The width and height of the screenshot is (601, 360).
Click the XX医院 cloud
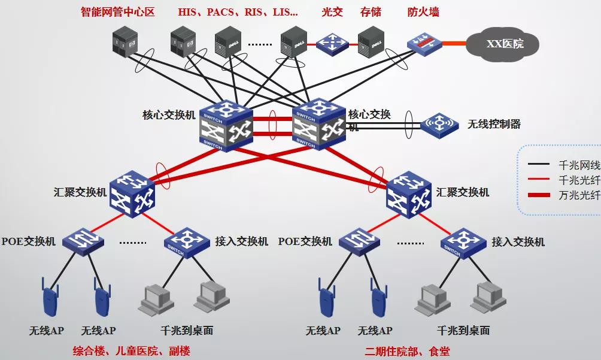[505, 43]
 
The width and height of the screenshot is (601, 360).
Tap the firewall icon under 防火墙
[424, 43]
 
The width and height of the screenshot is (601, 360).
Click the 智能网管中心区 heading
[118, 12]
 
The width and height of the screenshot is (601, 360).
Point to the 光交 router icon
[332, 43]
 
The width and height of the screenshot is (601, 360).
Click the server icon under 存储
[371, 42]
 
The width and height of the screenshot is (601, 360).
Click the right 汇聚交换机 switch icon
[409, 193]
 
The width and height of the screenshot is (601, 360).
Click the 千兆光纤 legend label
[578, 180]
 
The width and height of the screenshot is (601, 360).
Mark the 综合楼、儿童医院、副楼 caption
[131, 351]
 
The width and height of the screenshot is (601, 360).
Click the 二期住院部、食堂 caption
[407, 351]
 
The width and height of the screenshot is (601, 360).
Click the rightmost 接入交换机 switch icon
[463, 242]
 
